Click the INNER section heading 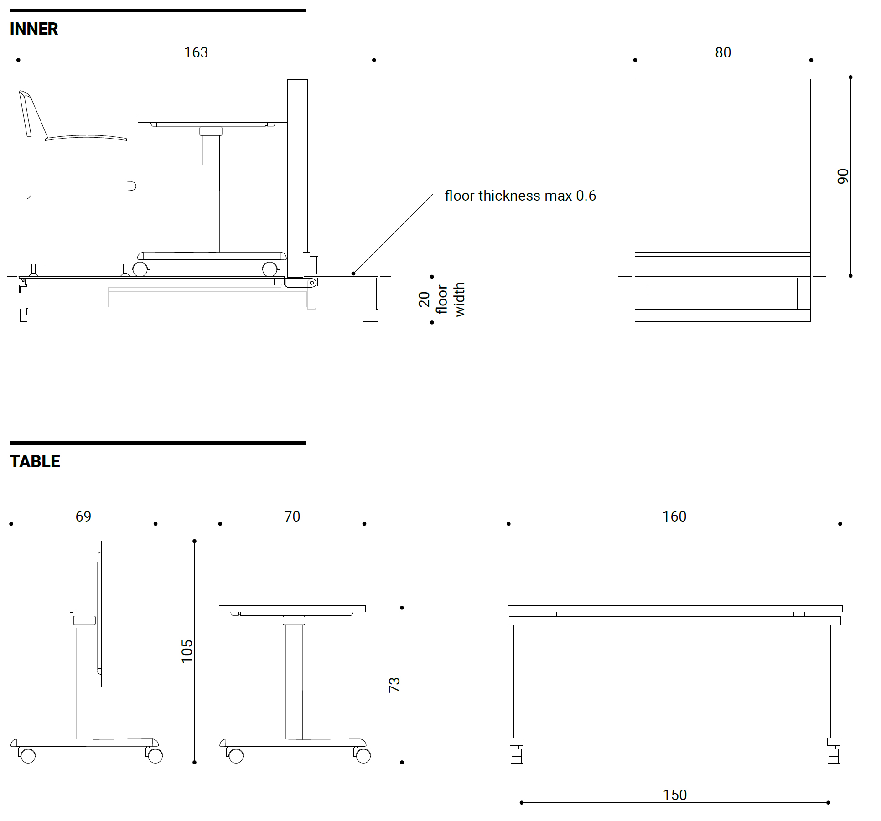tap(34, 29)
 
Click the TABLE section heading tap(35, 461)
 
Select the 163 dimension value tap(196, 52)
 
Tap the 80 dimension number tap(723, 52)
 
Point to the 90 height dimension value tap(843, 176)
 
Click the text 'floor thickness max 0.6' tap(520, 196)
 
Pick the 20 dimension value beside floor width tap(424, 299)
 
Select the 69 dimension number tap(83, 516)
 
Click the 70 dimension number tap(292, 516)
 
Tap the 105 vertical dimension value tap(187, 651)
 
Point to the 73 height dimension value tap(394, 685)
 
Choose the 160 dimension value tap(674, 516)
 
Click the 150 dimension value tap(674, 795)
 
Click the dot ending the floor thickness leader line tap(353, 274)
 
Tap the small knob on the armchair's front tap(131, 186)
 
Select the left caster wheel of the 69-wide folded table tap(28, 755)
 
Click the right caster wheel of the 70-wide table tap(363, 755)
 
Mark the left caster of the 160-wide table tap(517, 756)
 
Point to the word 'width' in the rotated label tap(460, 299)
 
